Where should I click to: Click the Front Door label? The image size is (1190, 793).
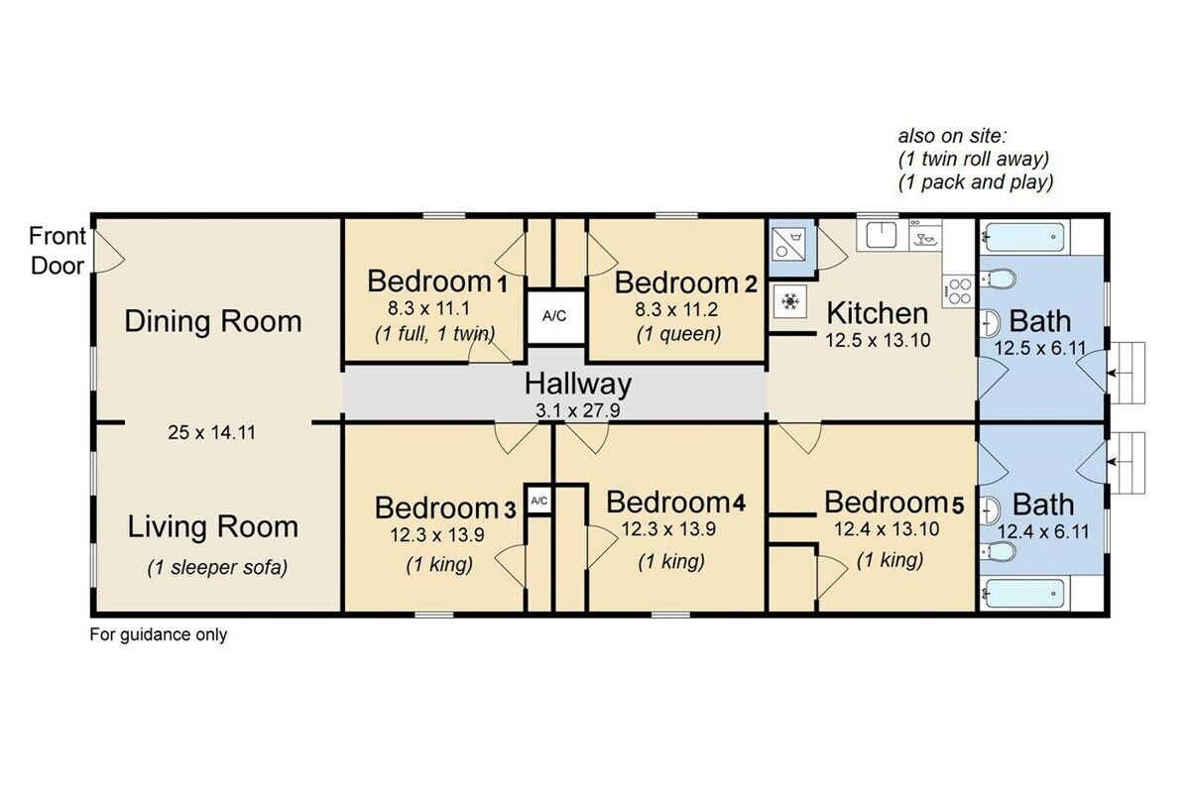[x=58, y=251]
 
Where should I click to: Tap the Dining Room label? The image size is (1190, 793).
[x=213, y=322]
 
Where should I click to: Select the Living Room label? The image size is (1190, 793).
[x=212, y=527]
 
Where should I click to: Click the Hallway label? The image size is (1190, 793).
[x=578, y=384]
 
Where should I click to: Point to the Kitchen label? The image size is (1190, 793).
[x=877, y=313]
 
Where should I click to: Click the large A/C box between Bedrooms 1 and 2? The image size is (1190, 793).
[x=554, y=316]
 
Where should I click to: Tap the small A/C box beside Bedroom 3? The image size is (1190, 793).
[x=538, y=500]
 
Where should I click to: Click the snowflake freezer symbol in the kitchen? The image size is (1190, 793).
[x=790, y=301]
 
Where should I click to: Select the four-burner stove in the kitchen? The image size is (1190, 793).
[x=959, y=291]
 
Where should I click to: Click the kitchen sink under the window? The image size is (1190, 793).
[x=882, y=235]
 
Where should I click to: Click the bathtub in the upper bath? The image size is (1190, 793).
[x=1023, y=237]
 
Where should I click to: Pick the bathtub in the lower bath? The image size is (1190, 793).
[x=1023, y=594]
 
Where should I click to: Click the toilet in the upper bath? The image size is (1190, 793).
[x=998, y=278]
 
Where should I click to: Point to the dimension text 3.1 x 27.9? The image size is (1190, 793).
[x=577, y=410]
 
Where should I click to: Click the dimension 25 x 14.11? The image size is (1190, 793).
[x=211, y=433]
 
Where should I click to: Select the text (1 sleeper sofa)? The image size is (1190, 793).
[x=217, y=568]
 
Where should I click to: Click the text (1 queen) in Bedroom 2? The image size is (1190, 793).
[x=678, y=334]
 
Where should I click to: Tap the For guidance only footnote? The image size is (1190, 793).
[x=159, y=634]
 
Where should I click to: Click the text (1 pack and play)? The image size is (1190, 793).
[x=976, y=182]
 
